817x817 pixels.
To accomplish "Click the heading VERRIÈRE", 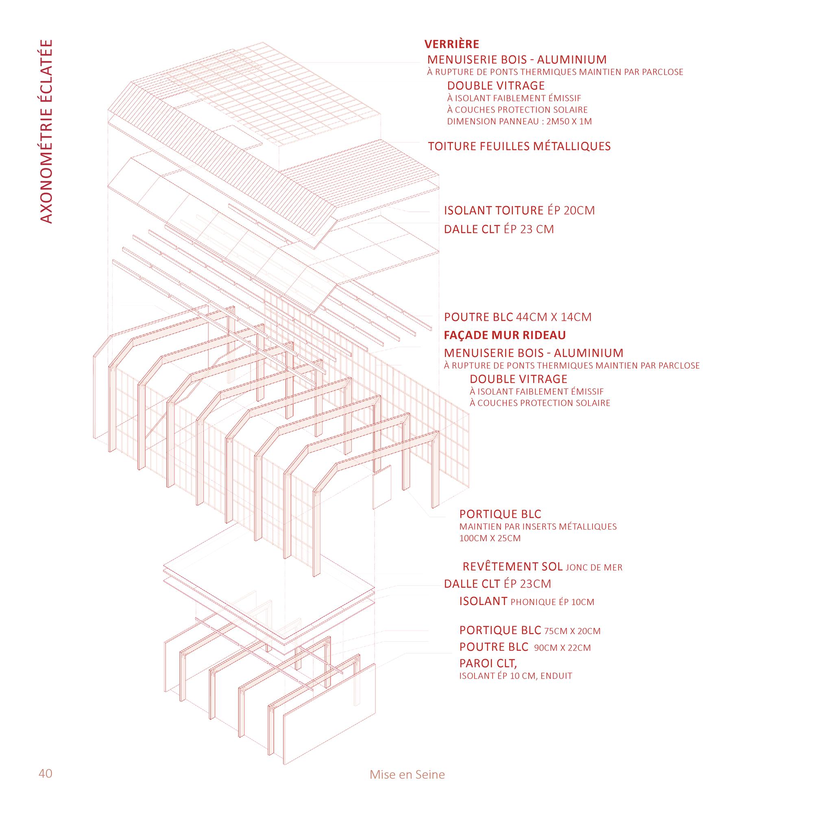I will click(x=452, y=44).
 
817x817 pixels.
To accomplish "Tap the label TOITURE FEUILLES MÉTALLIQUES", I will click(x=519, y=146).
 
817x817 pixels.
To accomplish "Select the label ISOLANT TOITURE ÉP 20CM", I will click(x=519, y=210).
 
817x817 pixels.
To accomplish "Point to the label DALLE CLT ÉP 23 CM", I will click(x=499, y=229).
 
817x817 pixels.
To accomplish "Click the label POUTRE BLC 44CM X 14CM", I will click(x=518, y=317).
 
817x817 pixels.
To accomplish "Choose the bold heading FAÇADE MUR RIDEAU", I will click(x=505, y=336).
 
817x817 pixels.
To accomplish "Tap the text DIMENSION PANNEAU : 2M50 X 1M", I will click(x=519, y=122).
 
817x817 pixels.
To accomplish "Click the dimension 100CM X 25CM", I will click(x=490, y=538).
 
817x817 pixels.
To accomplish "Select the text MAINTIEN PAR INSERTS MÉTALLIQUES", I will click(x=538, y=527).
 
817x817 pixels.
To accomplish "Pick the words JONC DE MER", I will click(x=594, y=567).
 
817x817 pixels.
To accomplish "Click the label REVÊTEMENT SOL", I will click(x=512, y=566).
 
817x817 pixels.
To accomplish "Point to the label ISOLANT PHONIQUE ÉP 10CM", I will click(x=527, y=601).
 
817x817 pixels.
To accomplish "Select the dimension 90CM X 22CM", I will click(x=562, y=648).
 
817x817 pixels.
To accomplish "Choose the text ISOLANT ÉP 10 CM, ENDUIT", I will click(x=516, y=676).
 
